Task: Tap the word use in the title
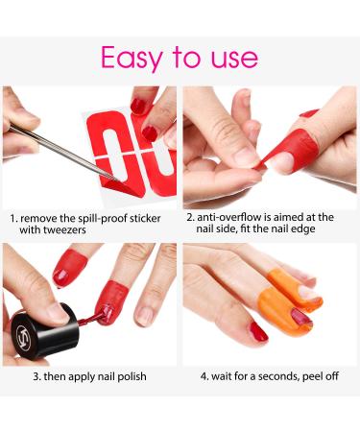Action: click(x=233, y=58)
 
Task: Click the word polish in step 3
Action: click(x=127, y=376)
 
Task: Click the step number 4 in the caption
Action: click(x=204, y=376)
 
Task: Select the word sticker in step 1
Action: click(x=153, y=216)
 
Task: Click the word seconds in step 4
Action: click(x=271, y=376)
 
